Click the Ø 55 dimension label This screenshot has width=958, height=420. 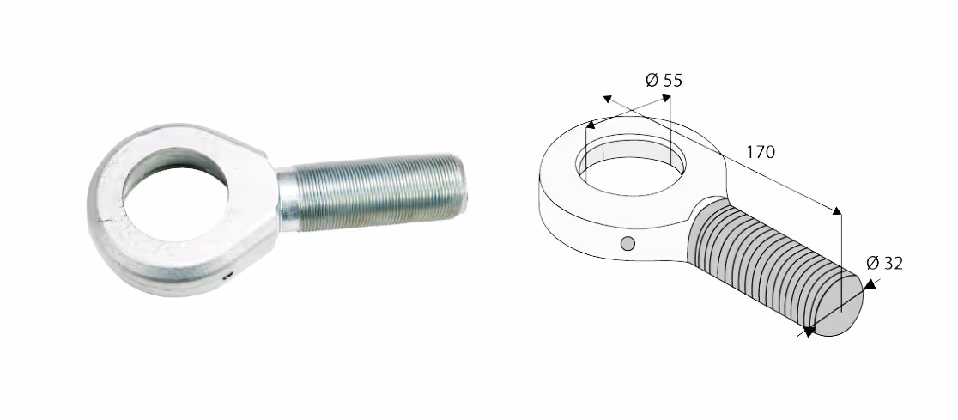pyautogui.click(x=664, y=80)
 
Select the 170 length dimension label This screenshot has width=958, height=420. pyautogui.click(x=760, y=152)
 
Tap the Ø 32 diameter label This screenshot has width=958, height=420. pyautogui.click(x=884, y=264)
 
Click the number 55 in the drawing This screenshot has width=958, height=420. pyautogui.click(x=672, y=80)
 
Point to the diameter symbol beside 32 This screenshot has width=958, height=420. pyautogui.click(x=872, y=264)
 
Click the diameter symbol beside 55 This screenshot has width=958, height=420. pyautogui.click(x=652, y=80)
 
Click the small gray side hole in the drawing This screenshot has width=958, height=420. pyautogui.click(x=628, y=244)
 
